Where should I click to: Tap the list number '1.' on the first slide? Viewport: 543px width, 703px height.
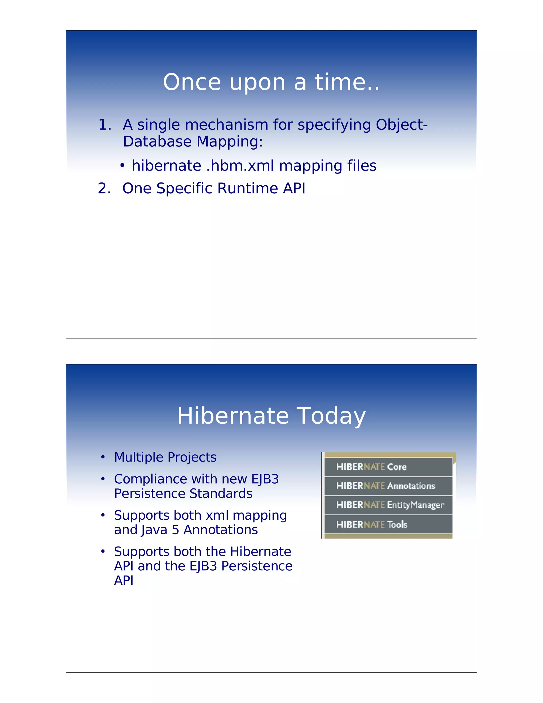click(x=104, y=125)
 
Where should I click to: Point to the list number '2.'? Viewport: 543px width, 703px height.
click(x=104, y=188)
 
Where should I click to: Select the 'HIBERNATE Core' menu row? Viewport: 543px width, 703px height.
click(x=388, y=467)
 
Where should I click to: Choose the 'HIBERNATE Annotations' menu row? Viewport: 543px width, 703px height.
click(x=388, y=486)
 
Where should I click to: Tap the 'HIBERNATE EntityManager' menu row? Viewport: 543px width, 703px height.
click(x=388, y=505)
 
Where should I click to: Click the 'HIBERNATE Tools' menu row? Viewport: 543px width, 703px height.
click(x=388, y=524)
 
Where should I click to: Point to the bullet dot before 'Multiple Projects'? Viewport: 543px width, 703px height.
click(x=103, y=457)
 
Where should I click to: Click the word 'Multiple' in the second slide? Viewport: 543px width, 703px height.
click(x=139, y=457)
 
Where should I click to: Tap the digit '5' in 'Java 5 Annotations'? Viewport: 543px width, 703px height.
click(x=175, y=530)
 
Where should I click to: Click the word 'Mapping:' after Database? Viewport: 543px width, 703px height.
click(x=229, y=142)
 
